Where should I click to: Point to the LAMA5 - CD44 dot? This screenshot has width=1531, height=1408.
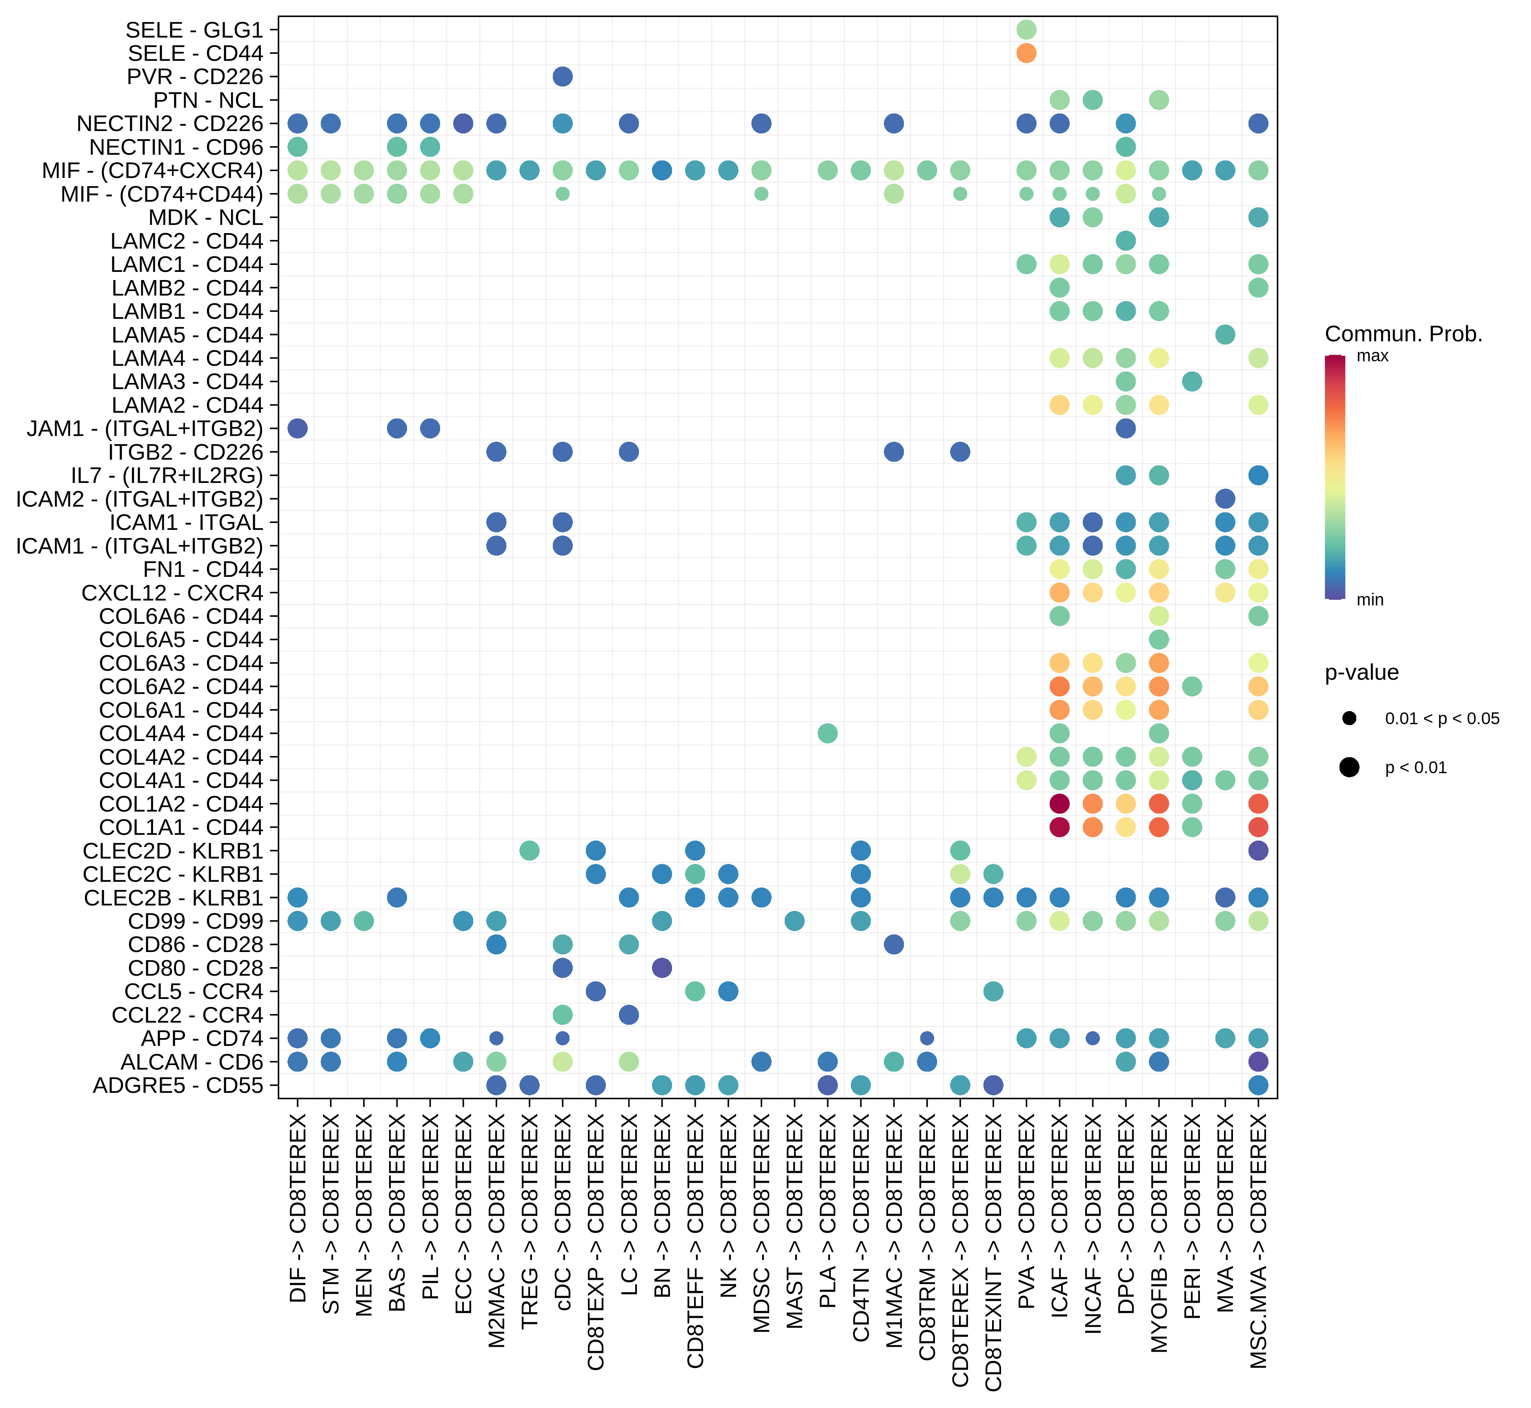click(x=1225, y=334)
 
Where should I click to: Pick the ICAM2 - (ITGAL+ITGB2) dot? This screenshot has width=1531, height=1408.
click(x=1225, y=499)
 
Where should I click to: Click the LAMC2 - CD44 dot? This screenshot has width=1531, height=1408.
click(x=1126, y=241)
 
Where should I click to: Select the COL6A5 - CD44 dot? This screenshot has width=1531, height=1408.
click(x=1158, y=639)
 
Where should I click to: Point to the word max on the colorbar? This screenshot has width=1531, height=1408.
click(x=1373, y=356)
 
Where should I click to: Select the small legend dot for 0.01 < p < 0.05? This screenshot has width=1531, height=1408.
click(x=1350, y=718)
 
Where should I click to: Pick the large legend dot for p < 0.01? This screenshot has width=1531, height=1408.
click(x=1350, y=767)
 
